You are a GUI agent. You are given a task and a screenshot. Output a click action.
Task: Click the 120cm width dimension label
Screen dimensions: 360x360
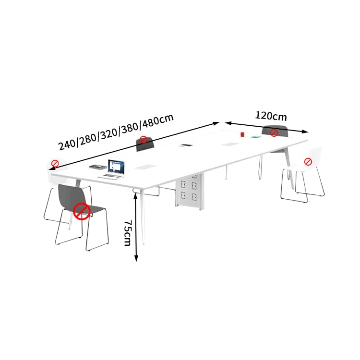coord(271,116)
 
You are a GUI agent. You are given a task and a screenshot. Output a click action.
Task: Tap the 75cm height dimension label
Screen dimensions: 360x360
coord(128,233)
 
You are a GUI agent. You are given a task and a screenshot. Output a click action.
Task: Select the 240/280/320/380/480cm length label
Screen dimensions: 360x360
coord(116,132)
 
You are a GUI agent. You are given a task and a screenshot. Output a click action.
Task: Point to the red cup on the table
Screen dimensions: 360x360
coord(242,134)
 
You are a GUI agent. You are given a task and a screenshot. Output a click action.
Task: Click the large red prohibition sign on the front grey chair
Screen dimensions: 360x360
coord(82,211)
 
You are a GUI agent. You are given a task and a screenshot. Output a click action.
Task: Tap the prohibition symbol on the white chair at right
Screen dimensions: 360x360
coord(308,162)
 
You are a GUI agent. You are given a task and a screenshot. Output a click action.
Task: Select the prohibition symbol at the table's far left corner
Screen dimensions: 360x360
coord(55,164)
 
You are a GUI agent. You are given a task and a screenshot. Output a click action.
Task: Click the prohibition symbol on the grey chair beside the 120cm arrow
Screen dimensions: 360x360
coord(274,132)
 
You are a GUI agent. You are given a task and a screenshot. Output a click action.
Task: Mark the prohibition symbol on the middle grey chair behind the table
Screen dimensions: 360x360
coord(143,140)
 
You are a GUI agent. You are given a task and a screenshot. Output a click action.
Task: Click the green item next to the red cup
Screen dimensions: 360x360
coord(256,137)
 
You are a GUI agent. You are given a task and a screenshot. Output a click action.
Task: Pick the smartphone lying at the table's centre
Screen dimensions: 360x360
coord(186,145)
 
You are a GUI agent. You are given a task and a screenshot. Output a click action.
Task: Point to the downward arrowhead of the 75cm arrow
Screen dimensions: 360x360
coord(136,259)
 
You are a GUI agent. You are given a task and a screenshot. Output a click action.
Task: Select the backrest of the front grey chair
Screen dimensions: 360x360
coord(72,196)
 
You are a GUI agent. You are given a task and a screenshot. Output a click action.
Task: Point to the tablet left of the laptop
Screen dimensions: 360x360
coord(98,167)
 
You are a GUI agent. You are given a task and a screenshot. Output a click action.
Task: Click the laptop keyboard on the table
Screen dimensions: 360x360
coord(110,177)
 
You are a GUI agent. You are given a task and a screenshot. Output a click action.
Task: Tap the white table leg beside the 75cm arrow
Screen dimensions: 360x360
coord(142,216)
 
